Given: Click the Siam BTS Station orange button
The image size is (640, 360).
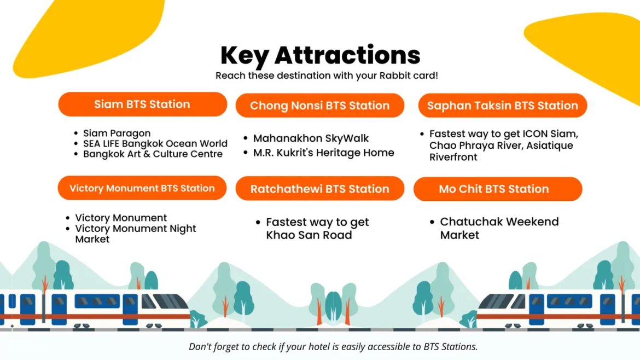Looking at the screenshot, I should (142, 104).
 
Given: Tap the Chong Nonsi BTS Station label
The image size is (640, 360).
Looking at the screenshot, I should (319, 106).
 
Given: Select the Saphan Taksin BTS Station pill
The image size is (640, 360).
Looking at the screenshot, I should (502, 106).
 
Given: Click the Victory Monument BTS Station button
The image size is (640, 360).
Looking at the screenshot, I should (142, 188).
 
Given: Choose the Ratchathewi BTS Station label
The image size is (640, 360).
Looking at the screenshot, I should (319, 189).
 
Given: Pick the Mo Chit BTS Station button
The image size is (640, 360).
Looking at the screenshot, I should (497, 189).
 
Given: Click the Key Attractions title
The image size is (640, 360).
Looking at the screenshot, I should (320, 55).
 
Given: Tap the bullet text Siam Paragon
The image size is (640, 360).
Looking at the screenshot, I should (117, 133).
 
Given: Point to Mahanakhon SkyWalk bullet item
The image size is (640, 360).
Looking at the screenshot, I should (311, 138).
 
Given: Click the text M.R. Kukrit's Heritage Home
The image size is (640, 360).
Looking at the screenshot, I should (323, 153).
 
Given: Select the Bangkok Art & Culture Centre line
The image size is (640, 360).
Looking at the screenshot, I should (153, 154).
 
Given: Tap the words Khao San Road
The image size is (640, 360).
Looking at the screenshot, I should (309, 235).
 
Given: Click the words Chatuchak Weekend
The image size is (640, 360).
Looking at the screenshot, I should (499, 222).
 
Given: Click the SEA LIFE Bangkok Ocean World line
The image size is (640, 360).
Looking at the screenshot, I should (155, 143).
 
